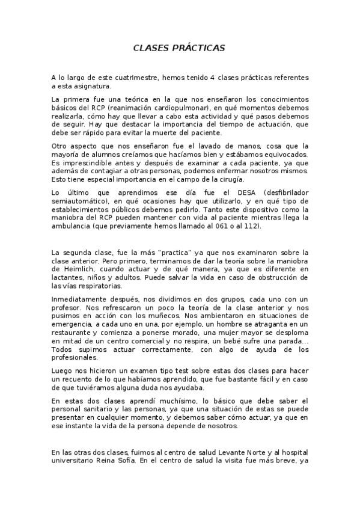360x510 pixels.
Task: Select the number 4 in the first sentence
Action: click(x=221, y=78)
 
